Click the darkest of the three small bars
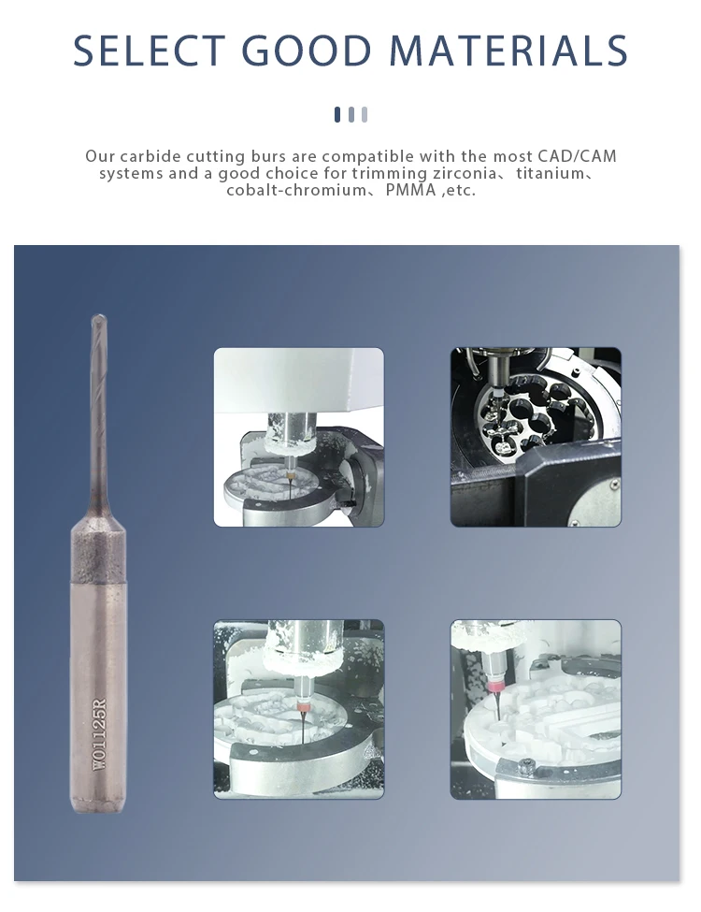click(x=337, y=114)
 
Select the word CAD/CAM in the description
click(x=578, y=156)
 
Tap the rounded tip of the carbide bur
click(x=96, y=318)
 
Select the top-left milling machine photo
click(x=298, y=437)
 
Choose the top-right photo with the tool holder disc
click(x=536, y=437)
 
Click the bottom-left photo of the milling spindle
click(x=298, y=709)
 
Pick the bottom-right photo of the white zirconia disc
click(x=536, y=709)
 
